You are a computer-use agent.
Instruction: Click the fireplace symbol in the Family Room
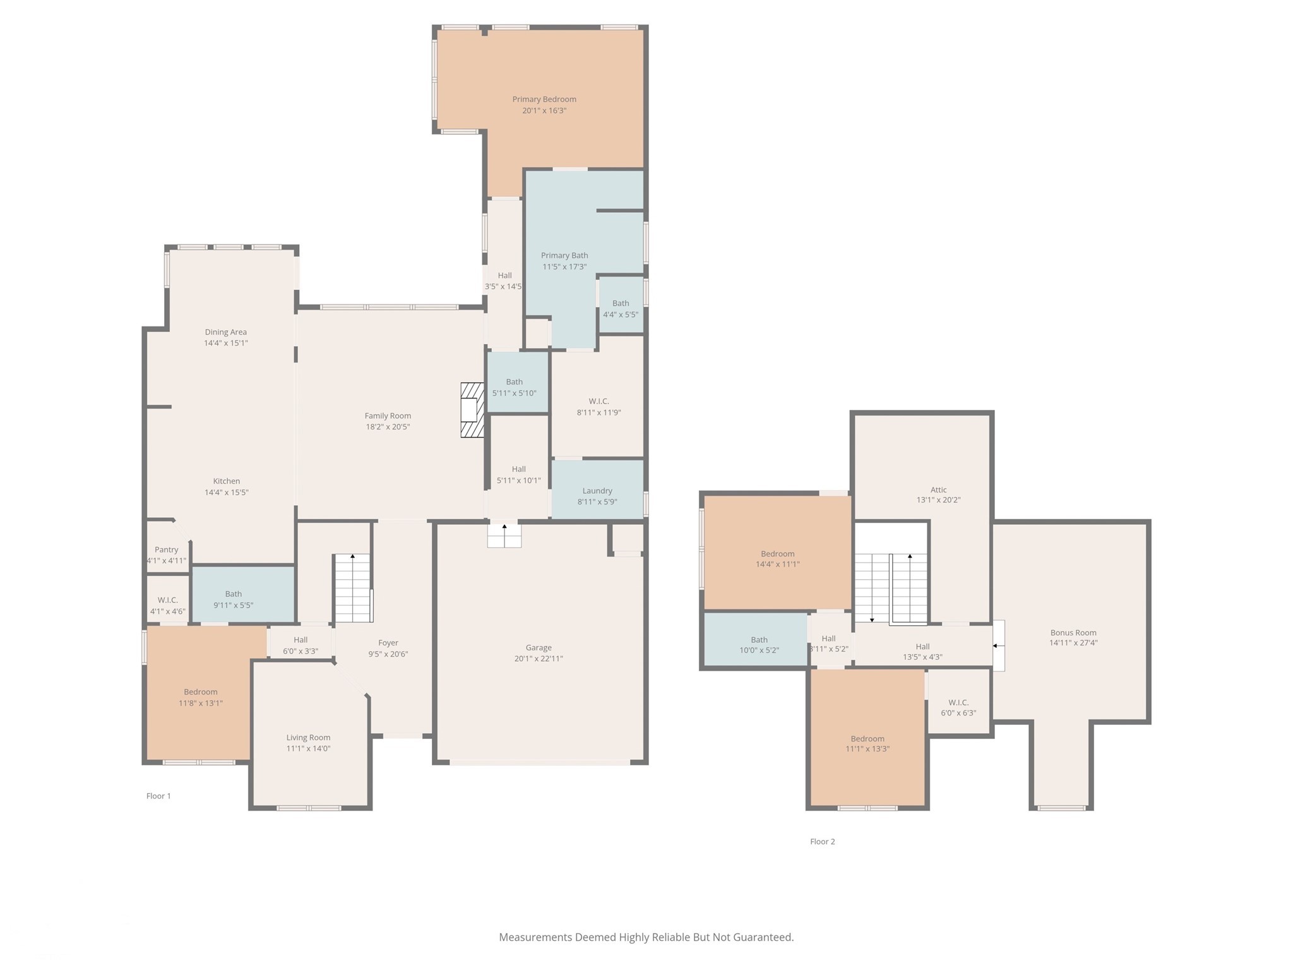point(472,410)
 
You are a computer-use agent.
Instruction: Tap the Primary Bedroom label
point(544,99)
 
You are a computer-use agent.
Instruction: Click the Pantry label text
point(166,549)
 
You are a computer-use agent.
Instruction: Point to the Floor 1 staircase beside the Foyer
point(352,588)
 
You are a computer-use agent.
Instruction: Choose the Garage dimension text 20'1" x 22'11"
point(539,659)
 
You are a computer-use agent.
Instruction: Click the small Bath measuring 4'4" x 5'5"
point(620,308)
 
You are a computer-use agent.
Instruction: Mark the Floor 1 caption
point(158,796)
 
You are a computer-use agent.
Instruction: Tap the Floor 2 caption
point(822,841)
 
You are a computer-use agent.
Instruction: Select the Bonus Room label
point(1073,632)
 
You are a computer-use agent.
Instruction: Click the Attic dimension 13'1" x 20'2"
point(938,500)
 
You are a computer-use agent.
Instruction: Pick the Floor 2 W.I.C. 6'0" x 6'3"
point(958,707)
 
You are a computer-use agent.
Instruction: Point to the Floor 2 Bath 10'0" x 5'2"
point(758,645)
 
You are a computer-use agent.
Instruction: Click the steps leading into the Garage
point(504,535)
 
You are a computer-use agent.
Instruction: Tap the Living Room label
point(308,737)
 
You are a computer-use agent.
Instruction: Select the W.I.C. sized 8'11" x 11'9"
point(598,407)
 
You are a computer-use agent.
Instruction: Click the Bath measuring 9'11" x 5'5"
point(233,599)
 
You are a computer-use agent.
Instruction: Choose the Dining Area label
point(225,332)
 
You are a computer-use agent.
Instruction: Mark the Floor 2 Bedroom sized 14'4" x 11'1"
point(777,559)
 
